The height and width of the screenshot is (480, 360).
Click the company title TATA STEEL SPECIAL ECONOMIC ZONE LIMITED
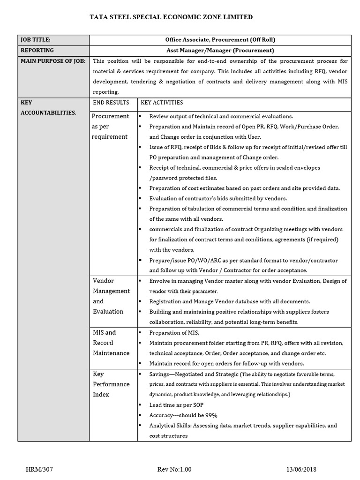pyautogui.click(x=171, y=17)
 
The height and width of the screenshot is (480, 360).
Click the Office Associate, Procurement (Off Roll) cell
pyautogui.click(x=220, y=40)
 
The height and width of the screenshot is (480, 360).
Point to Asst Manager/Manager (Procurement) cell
pyautogui.click(x=220, y=51)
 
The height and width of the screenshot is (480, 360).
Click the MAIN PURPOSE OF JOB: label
pyautogui.click(x=52, y=61)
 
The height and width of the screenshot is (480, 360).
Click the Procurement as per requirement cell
pyautogui.click(x=110, y=126)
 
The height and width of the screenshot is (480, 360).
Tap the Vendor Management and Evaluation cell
pyautogui.click(x=111, y=296)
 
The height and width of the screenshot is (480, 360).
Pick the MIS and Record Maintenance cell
pyautogui.click(x=111, y=342)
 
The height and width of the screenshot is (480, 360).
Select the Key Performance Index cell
pyautogui.click(x=111, y=384)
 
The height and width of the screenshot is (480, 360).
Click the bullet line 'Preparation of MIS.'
pyautogui.click(x=174, y=333)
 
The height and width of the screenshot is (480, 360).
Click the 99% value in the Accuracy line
pyautogui.click(x=211, y=415)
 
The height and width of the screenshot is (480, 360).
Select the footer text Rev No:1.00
pyautogui.click(x=175, y=469)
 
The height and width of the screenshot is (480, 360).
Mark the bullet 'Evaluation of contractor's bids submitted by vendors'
pyautogui.click(x=218, y=198)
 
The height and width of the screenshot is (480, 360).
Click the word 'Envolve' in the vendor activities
pyautogui.click(x=159, y=281)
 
